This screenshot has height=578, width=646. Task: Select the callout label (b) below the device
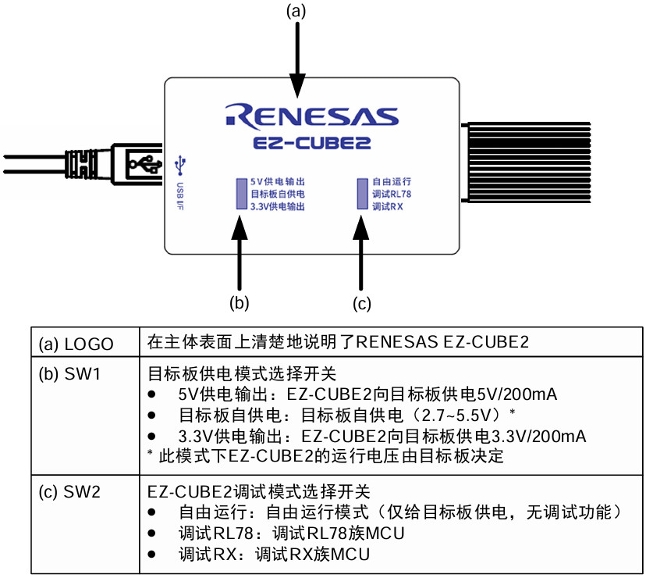tap(239, 301)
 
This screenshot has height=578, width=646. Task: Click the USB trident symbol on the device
tap(181, 164)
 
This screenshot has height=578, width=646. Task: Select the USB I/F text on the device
tap(179, 198)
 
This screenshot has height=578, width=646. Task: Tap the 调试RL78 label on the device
tap(391, 194)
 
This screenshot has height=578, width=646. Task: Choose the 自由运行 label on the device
tap(391, 180)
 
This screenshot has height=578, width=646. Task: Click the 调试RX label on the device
tap(387, 207)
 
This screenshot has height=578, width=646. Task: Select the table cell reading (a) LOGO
tap(76, 344)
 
